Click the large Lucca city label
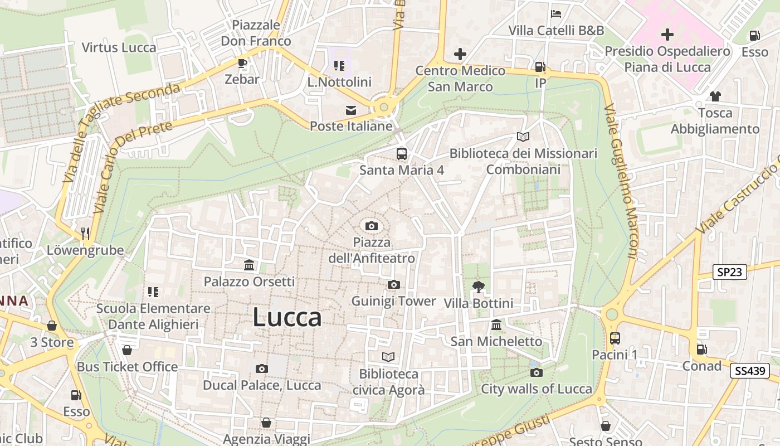tap(287, 317)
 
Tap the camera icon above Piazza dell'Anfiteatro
tap(372, 226)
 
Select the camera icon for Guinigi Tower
tap(393, 285)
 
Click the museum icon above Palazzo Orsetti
tap(249, 265)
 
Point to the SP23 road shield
tap(729, 272)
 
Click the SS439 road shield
tap(749, 371)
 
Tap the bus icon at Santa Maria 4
tap(401, 153)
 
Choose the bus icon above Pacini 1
tap(615, 338)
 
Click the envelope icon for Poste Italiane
tap(351, 110)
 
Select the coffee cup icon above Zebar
tap(242, 64)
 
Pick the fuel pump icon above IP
tap(539, 67)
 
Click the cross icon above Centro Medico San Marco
tap(460, 54)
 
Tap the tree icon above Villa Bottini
tap(478, 287)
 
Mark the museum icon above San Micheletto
tap(496, 324)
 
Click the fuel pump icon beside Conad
tap(701, 350)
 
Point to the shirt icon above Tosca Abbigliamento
tap(715, 96)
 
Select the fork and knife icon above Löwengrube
tap(85, 233)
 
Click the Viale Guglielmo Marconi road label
tap(620, 181)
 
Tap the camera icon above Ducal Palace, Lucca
tap(261, 369)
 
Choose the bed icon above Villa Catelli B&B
tap(555, 14)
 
